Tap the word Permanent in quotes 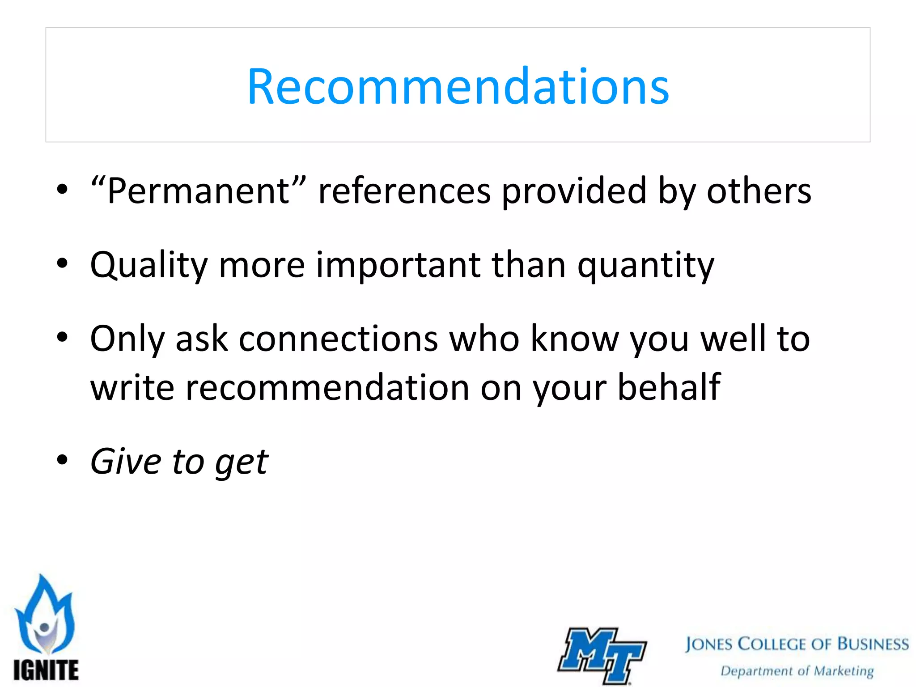(x=199, y=191)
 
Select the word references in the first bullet (x=404, y=191)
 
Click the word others (x=759, y=191)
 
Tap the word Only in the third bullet (x=127, y=339)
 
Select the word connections (x=338, y=339)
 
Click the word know (x=574, y=339)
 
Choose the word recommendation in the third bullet (x=327, y=387)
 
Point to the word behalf (x=669, y=387)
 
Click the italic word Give (x=126, y=462)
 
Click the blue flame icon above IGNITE (x=45, y=615)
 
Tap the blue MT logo (x=602, y=655)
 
